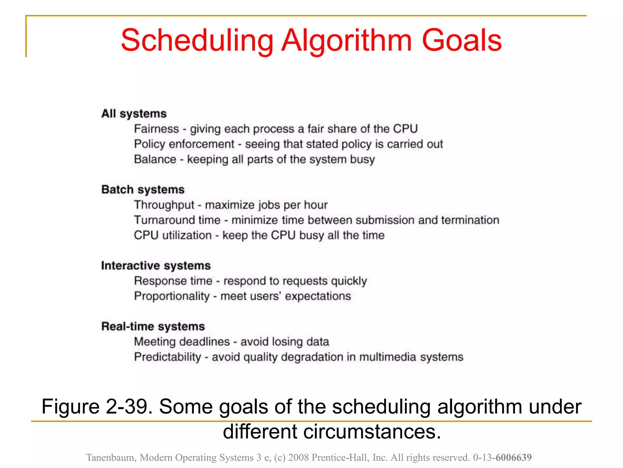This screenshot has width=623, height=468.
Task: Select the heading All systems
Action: [134, 114]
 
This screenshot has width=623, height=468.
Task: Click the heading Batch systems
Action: [143, 190]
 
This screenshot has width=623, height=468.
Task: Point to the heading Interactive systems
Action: [156, 266]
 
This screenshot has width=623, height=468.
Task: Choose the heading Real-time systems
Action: [153, 326]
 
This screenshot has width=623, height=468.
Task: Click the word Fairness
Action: [156, 129]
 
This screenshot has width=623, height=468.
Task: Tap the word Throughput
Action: [164, 205]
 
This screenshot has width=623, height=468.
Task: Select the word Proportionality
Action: [172, 296]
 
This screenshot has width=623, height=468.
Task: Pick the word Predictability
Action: [168, 357]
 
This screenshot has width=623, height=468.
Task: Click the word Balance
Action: [155, 159]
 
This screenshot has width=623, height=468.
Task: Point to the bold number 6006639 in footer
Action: [513, 457]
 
